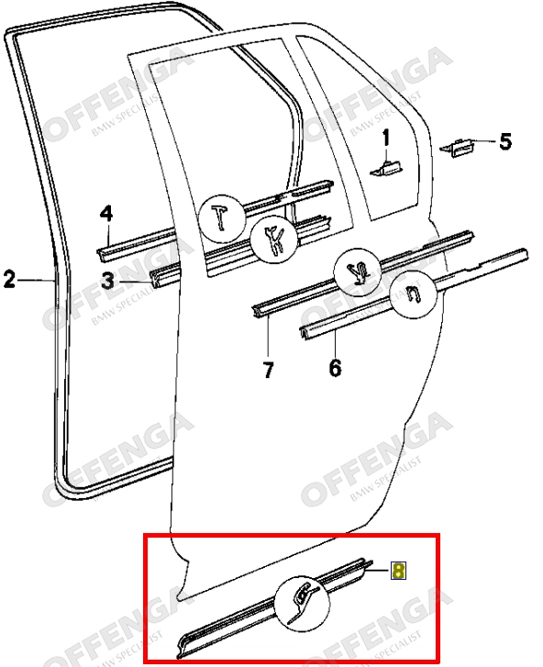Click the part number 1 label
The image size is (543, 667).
(x=385, y=139)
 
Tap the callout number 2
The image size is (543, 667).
(x=9, y=280)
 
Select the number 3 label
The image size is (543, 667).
(x=108, y=281)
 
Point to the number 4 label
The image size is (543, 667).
(x=106, y=215)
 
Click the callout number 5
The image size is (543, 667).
(x=505, y=141)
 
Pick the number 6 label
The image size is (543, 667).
(x=335, y=368)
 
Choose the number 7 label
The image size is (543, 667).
(x=269, y=369)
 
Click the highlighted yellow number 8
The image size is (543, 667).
(x=398, y=571)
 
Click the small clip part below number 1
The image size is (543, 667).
(x=386, y=169)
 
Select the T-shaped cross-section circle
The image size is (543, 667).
(x=222, y=217)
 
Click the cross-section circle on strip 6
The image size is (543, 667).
(x=414, y=295)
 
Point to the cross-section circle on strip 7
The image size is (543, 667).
(x=358, y=272)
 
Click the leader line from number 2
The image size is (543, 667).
(x=36, y=280)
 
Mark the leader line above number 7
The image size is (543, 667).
(x=269, y=336)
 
